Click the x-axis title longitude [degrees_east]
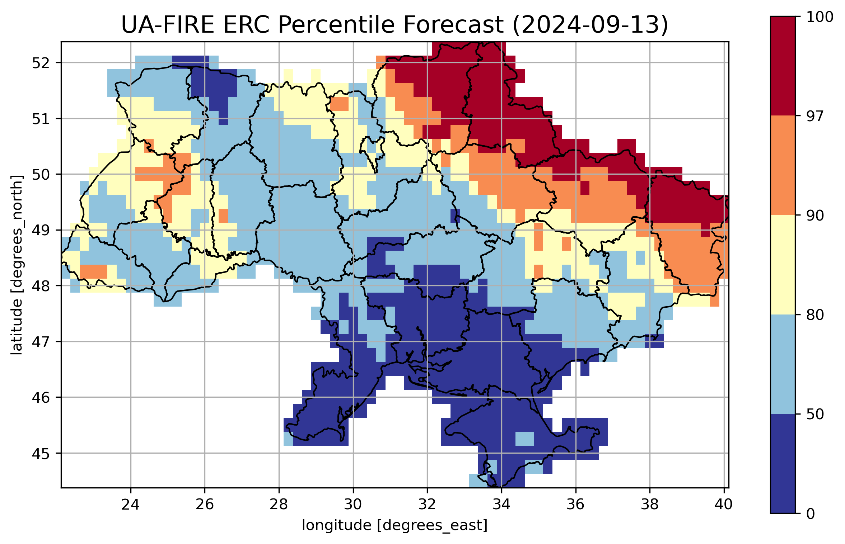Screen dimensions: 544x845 pyautogui.click(x=395, y=525)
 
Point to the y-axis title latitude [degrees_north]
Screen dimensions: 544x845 pyautogui.click(x=17, y=265)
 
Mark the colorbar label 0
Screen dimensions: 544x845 pyautogui.click(x=811, y=514)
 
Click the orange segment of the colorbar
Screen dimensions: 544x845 pyautogui.click(x=783, y=165)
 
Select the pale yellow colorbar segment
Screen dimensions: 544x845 pyautogui.click(x=783, y=265)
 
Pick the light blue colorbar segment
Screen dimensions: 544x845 pyautogui.click(x=783, y=364)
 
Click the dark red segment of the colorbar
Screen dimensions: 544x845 pyautogui.click(x=783, y=66)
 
